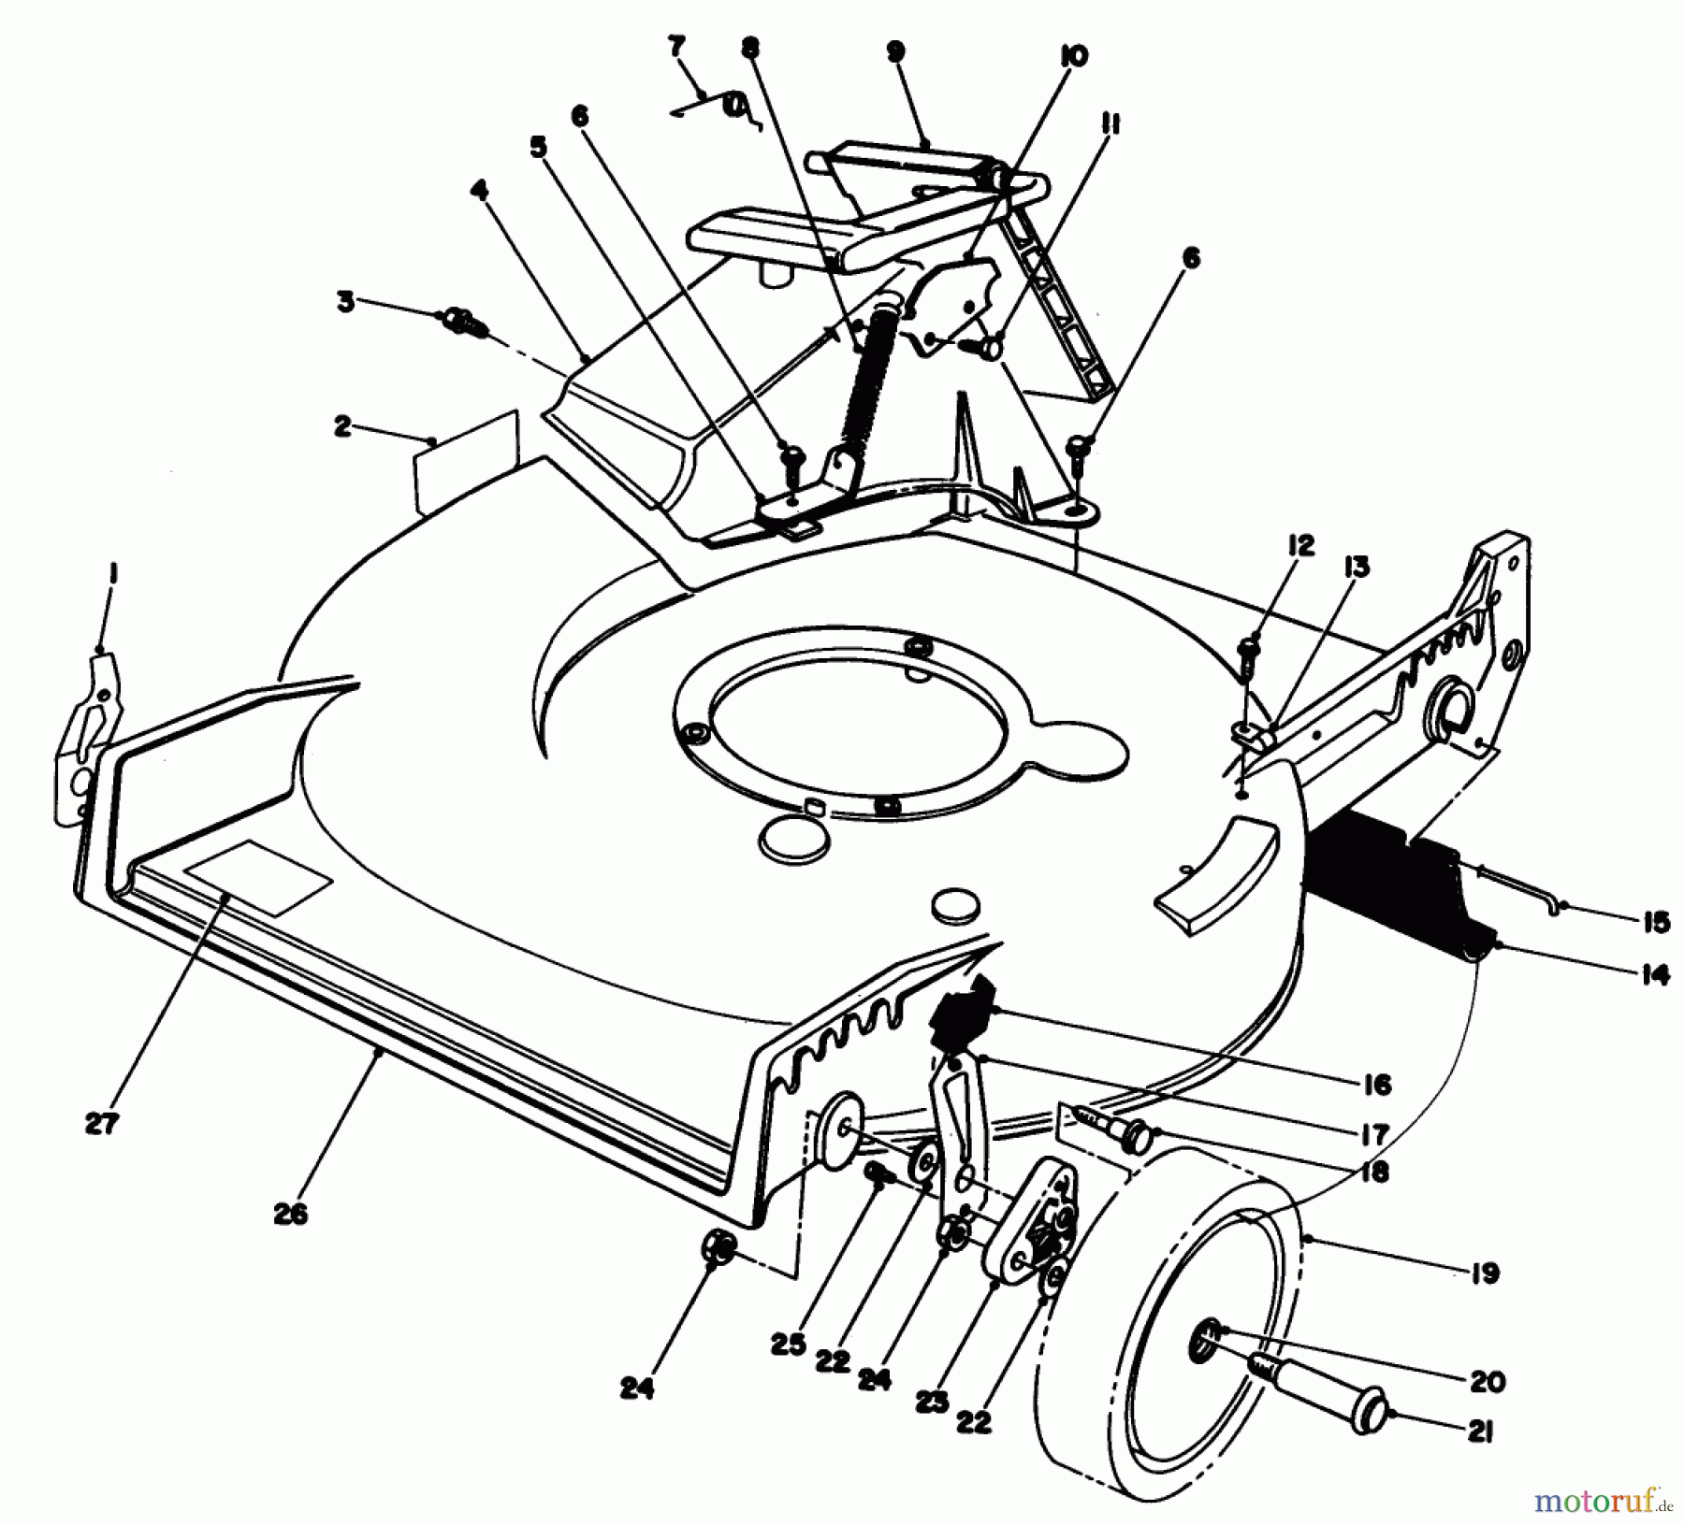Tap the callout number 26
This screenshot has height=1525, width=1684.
click(291, 1215)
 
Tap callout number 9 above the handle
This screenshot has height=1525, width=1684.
click(896, 51)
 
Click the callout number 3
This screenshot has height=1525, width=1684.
click(346, 303)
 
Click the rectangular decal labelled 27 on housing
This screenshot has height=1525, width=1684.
click(259, 877)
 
